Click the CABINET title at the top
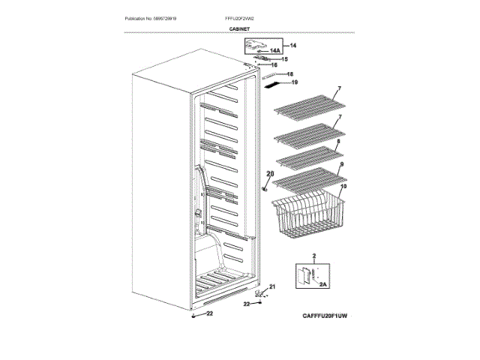point(240,28)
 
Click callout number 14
point(293,46)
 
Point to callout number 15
point(284,58)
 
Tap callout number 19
point(294,82)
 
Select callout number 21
point(272,286)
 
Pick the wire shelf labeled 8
point(307,157)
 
